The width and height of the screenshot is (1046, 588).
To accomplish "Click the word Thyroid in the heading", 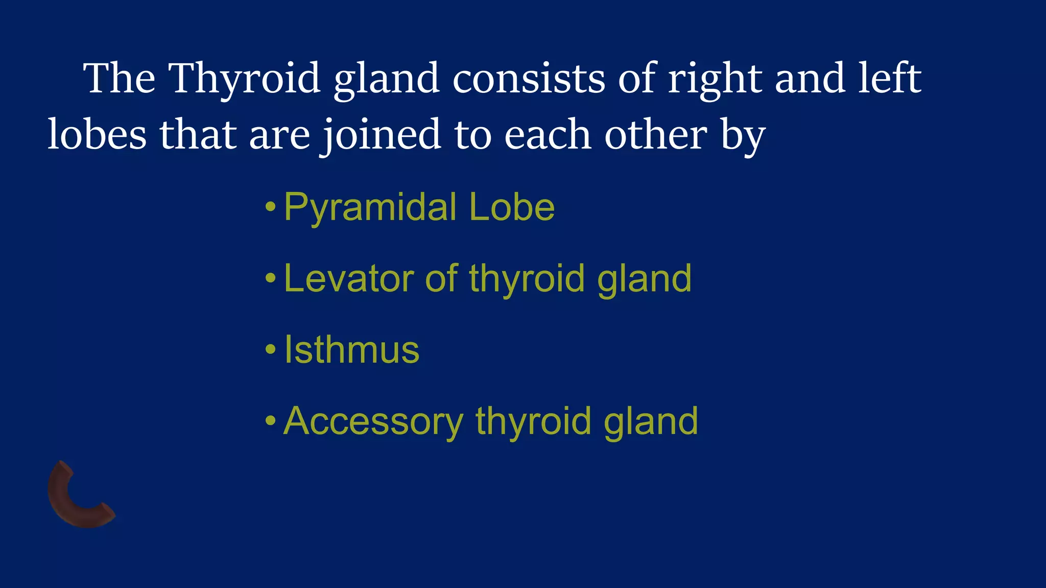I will (x=244, y=79).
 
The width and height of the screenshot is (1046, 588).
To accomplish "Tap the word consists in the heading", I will (x=528, y=79).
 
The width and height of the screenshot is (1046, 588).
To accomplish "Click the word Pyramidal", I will (x=370, y=208).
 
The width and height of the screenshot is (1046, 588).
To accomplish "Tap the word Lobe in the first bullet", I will (x=511, y=208).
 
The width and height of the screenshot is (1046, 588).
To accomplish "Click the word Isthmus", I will (x=351, y=350).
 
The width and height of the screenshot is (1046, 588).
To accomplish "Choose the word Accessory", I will (x=373, y=422).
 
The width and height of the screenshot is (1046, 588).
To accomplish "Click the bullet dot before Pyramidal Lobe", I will (x=271, y=207).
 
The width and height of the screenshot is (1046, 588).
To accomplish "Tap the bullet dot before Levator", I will (x=271, y=279).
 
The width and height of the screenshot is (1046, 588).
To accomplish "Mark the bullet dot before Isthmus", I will (x=271, y=350).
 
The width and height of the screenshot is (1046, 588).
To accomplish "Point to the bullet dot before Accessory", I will (x=271, y=421).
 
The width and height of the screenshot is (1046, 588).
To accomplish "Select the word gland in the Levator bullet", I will (x=644, y=279).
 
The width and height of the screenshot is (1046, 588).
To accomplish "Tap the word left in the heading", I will (x=889, y=79).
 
